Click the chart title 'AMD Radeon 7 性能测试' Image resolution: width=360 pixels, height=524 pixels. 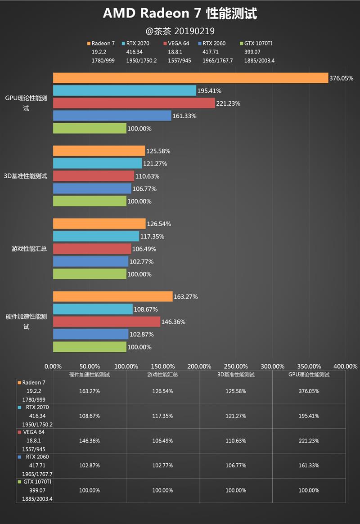180,13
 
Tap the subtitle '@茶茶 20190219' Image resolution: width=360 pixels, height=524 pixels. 180,31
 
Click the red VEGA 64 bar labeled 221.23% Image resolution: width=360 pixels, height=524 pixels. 134,103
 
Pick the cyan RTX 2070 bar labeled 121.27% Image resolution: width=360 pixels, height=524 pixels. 97,163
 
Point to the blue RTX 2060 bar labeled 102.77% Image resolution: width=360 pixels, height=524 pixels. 90,261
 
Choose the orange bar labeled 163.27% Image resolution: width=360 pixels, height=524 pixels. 112,296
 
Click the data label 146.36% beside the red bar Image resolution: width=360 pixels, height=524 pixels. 173,322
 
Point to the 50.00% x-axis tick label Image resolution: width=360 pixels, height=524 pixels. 90,367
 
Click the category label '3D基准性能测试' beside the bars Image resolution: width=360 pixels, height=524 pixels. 26,176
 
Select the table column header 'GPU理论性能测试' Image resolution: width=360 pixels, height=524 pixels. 309,375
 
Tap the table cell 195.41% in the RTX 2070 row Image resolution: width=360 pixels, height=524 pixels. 309,416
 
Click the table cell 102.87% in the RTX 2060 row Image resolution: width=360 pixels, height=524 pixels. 90,466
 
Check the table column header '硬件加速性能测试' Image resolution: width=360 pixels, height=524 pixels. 90,375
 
